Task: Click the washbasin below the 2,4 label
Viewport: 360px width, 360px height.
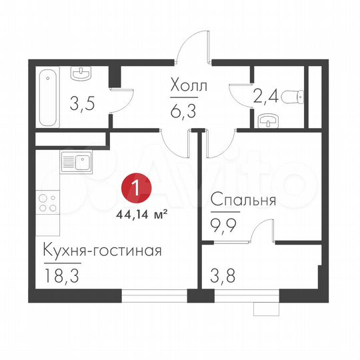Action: (267, 121)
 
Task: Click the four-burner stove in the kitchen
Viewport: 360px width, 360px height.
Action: (47, 201)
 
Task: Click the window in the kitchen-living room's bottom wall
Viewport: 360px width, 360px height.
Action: (155, 297)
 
